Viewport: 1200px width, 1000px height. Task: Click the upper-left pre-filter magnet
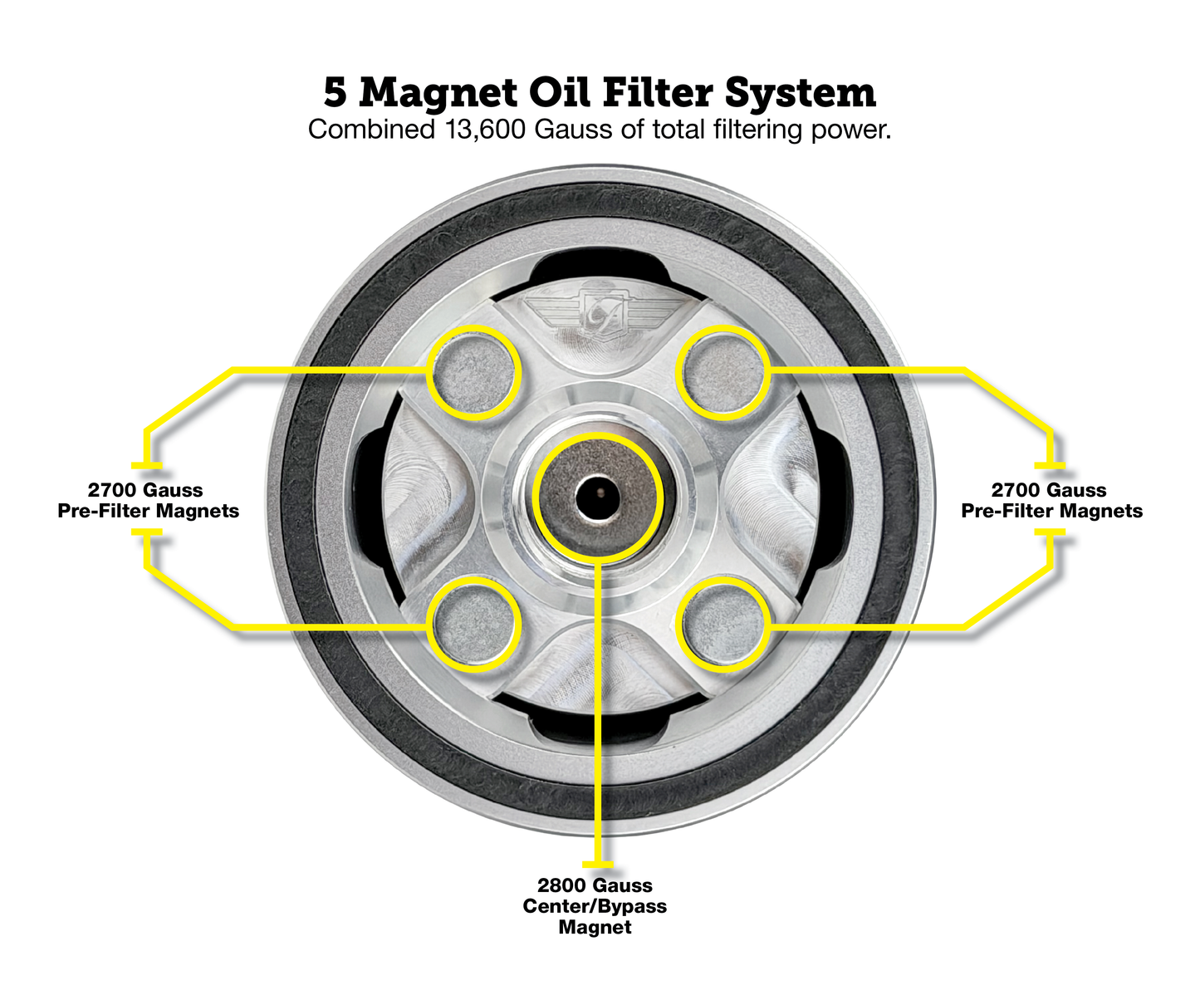pyautogui.click(x=473, y=372)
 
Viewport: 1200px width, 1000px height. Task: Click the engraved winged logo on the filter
pyautogui.click(x=600, y=313)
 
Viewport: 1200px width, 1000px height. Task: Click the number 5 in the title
pyautogui.click(x=335, y=92)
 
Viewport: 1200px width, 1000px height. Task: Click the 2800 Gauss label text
pyautogui.click(x=595, y=885)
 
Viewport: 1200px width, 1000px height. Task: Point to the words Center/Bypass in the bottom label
pyautogui.click(x=595, y=906)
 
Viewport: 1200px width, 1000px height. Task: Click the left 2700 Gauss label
pyautogui.click(x=145, y=490)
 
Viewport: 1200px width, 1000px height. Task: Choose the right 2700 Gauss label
pyautogui.click(x=1049, y=490)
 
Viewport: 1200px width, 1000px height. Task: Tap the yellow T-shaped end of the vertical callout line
pyautogui.click(x=598, y=865)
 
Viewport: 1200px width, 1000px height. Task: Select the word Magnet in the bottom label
pyautogui.click(x=595, y=927)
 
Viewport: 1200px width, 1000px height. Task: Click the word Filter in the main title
pyautogui.click(x=659, y=92)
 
